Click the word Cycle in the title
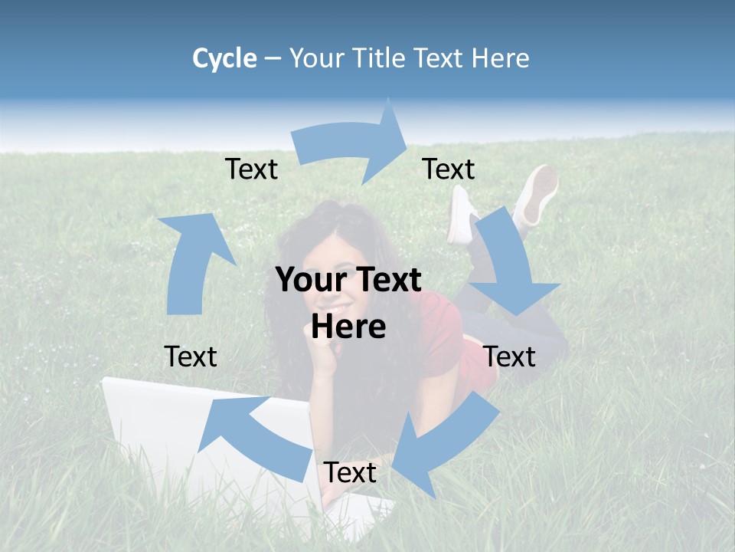[x=224, y=58]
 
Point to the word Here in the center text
[x=348, y=327]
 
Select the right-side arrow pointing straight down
[x=510, y=268]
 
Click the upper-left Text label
[x=251, y=169]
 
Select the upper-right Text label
[x=448, y=169]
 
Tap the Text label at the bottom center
[x=349, y=473]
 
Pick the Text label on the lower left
[x=191, y=356]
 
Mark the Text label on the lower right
[x=509, y=356]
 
